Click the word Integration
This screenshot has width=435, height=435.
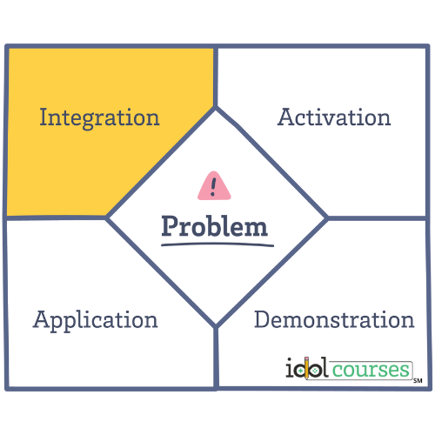tap(99, 118)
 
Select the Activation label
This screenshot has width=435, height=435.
tap(334, 117)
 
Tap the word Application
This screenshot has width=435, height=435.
tap(95, 320)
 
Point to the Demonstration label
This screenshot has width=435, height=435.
tap(334, 319)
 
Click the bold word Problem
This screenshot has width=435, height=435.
tap(214, 226)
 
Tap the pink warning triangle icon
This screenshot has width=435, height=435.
tap(214, 186)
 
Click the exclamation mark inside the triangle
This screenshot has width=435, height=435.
tap(213, 187)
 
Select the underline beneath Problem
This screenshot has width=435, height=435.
tap(217, 245)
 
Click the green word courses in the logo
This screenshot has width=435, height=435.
tap(371, 370)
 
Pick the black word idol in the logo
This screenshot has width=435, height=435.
tap(307, 367)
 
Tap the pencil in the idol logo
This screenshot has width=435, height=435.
tap(306, 368)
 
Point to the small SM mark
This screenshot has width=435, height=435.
tap(418, 381)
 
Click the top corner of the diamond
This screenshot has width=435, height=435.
tap(216, 108)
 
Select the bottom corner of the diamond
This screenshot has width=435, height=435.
tap(216, 326)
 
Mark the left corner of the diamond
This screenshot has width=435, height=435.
tap(107, 217)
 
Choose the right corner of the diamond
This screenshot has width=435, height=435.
tap(326, 217)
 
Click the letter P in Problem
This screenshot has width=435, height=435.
tap(170, 226)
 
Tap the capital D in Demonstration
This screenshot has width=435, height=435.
tap(263, 319)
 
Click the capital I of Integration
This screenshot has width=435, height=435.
tap(43, 117)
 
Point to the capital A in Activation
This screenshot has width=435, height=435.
tap(286, 117)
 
